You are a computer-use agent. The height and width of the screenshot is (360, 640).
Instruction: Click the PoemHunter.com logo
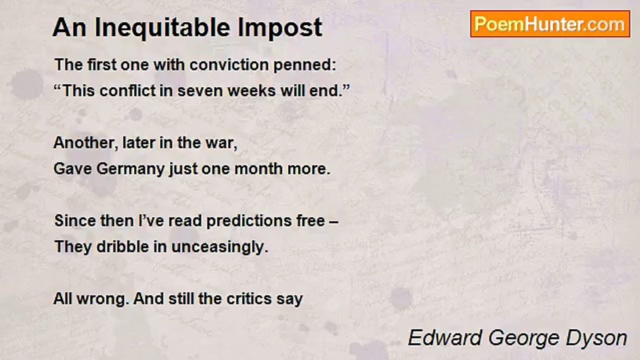(x=550, y=24)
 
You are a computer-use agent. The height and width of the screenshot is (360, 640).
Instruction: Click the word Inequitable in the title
(x=162, y=28)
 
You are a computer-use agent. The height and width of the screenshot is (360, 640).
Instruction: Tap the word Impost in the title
(x=279, y=28)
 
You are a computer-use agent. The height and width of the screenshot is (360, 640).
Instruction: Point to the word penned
(x=305, y=65)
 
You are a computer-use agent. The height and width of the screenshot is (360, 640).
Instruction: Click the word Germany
(x=130, y=169)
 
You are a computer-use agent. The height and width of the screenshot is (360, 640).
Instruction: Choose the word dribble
(x=122, y=246)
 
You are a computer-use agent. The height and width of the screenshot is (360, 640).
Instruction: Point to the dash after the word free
(x=333, y=222)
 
